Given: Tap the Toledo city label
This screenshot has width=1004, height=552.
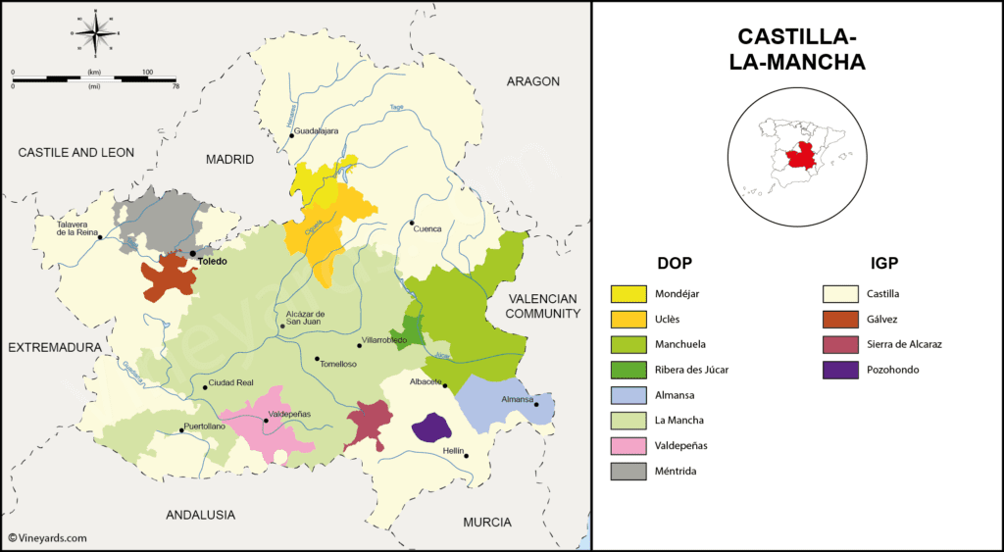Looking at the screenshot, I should coord(213,262).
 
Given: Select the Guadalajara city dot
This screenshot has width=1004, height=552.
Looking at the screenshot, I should coord(291,136).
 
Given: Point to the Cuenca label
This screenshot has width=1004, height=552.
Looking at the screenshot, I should coord(427,228).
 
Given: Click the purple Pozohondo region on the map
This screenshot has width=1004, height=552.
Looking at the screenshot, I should coord(429,428).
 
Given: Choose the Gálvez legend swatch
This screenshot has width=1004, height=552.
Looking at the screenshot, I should coord(839,319).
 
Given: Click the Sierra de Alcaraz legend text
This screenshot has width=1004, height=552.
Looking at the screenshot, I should coord(905,344).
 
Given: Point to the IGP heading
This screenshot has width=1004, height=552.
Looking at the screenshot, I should coord(883,263).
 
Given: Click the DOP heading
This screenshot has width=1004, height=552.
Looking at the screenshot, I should coord(675,263).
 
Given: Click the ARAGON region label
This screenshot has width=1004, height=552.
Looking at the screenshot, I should coord(532,81).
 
